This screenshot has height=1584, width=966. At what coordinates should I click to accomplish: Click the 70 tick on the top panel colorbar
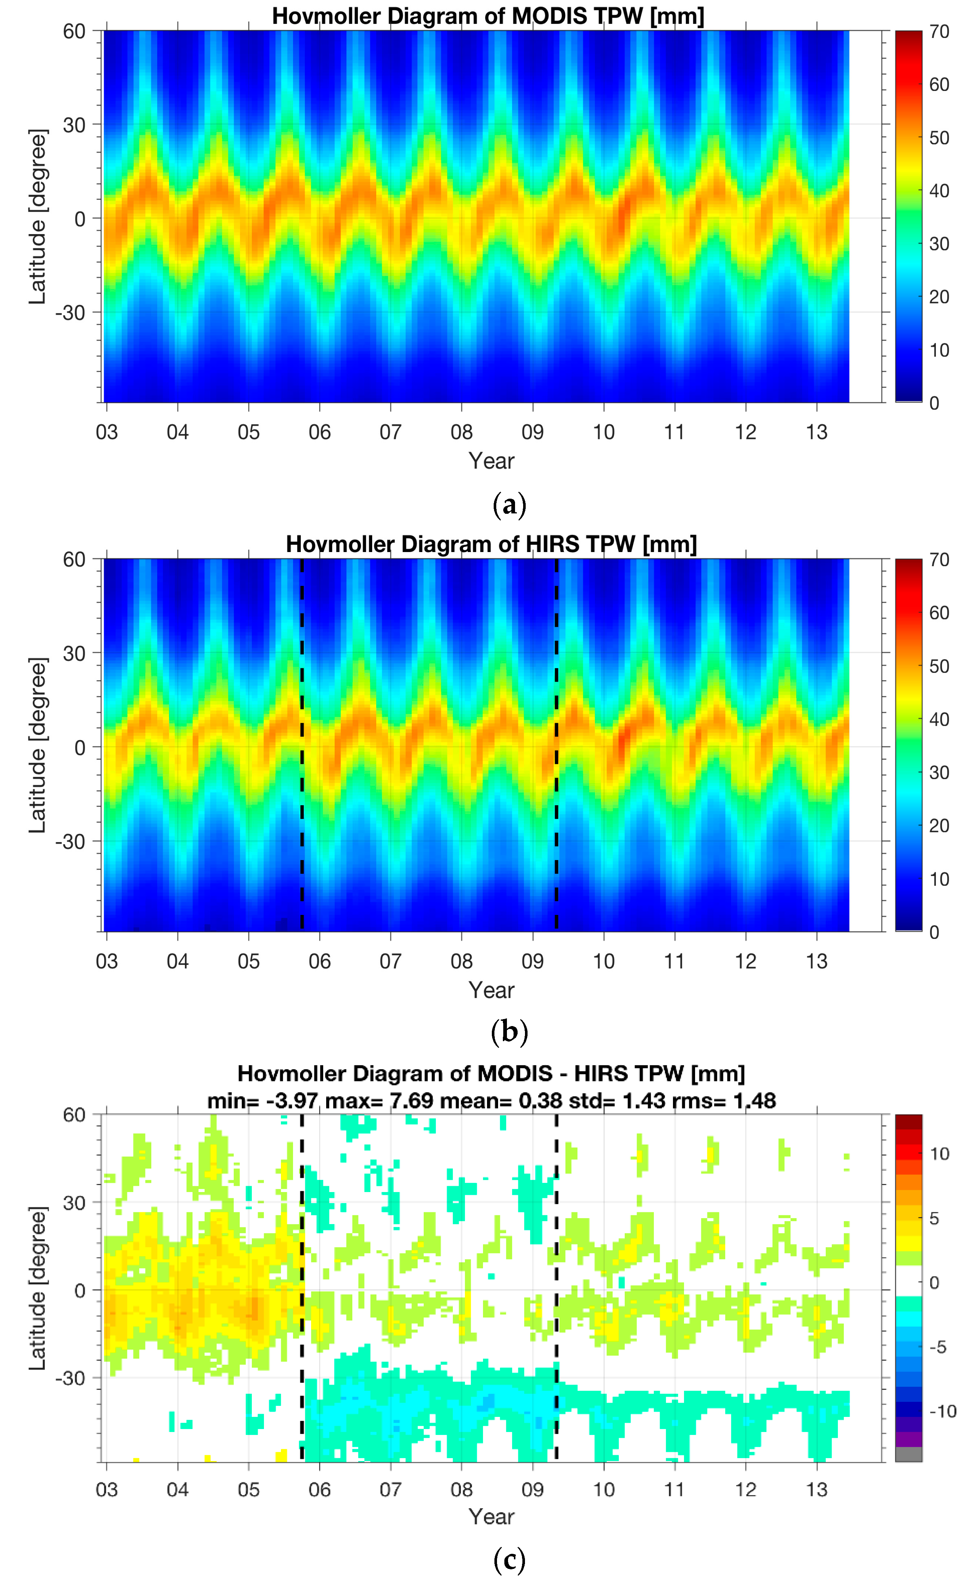click(x=939, y=32)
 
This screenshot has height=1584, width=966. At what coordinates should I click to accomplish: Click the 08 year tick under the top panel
click(x=461, y=432)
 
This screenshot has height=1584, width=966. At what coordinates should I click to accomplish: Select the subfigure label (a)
click(x=509, y=505)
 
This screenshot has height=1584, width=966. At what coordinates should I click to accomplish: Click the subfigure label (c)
click(x=509, y=1560)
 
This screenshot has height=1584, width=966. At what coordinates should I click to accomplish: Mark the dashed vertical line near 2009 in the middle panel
click(x=556, y=746)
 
